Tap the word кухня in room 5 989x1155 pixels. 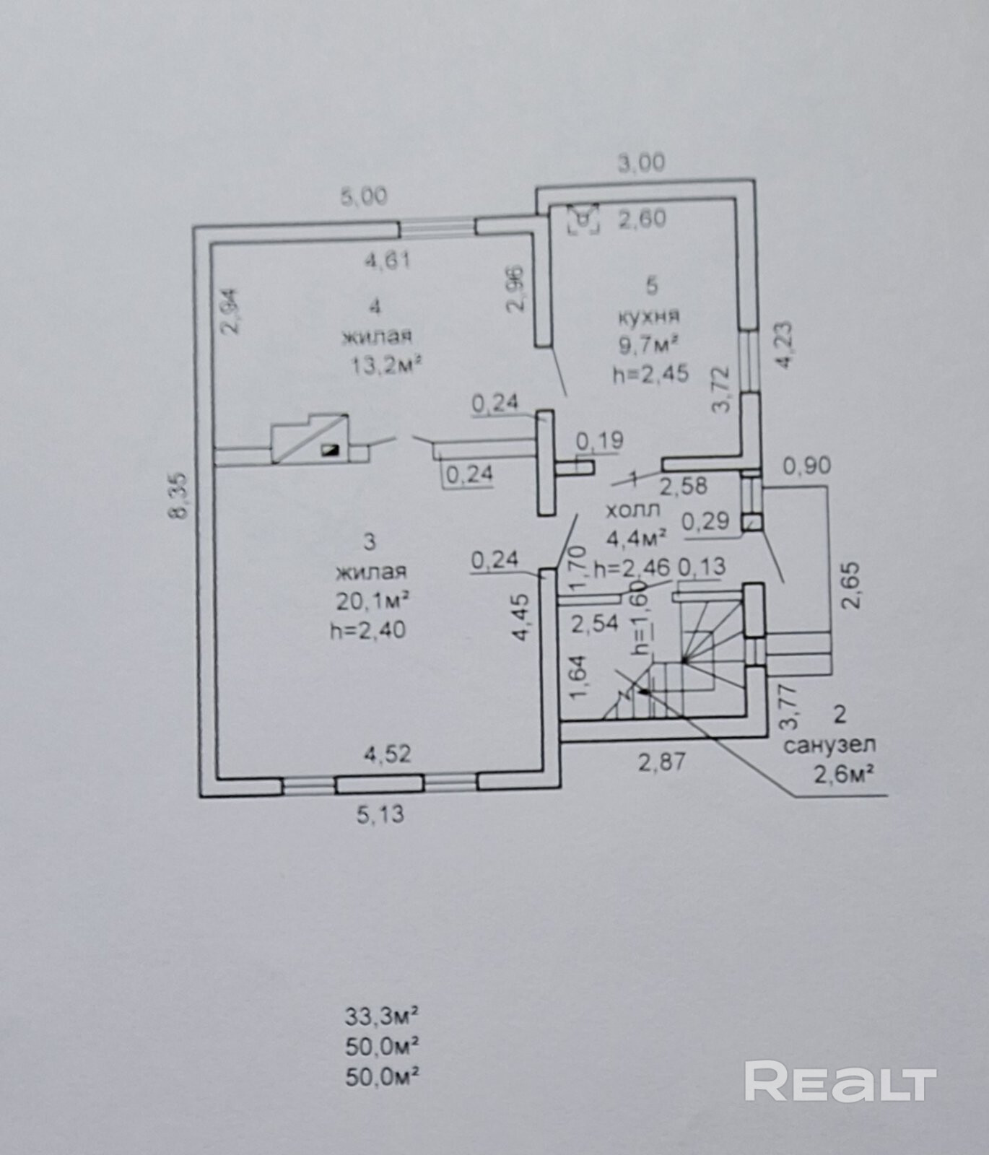click(648, 315)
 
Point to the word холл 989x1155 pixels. click(632, 510)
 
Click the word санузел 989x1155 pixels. click(829, 744)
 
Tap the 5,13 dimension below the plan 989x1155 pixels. click(380, 815)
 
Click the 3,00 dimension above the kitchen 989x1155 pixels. click(641, 163)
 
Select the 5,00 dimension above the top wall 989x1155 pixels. click(365, 196)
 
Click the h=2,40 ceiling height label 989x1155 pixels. click(367, 630)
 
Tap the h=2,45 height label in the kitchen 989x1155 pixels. click(650, 374)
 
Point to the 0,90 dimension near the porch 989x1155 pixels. click(806, 466)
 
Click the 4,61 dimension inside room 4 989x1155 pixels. click(388, 259)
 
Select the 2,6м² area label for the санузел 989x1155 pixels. click(845, 775)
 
